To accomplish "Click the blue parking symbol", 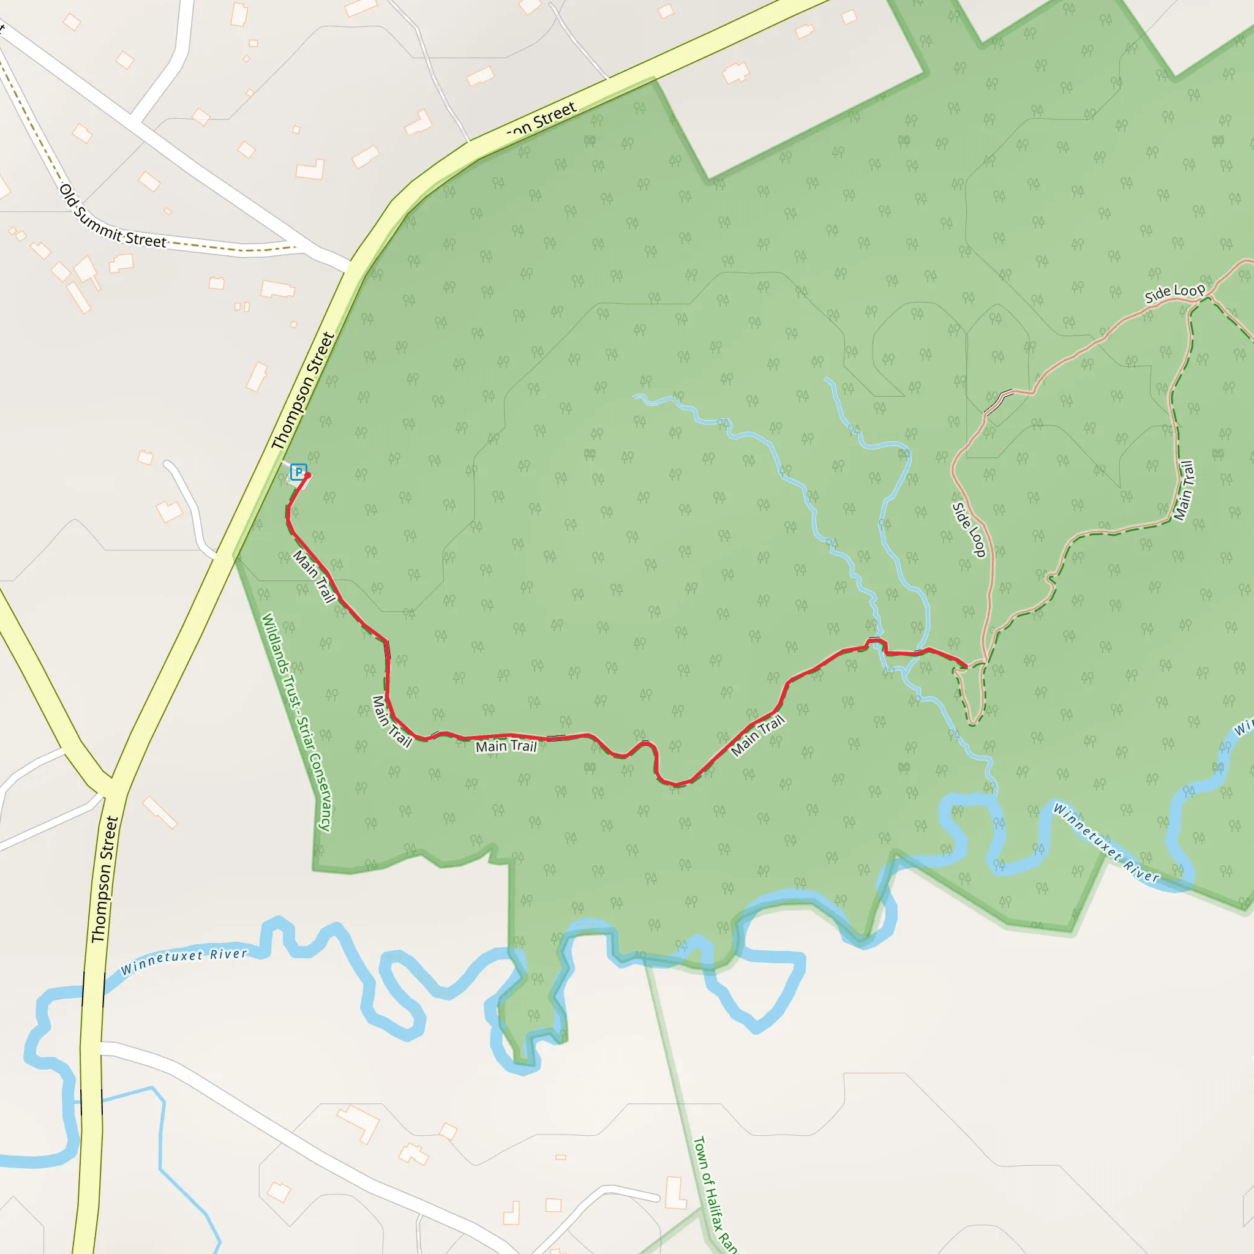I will coord(298,472).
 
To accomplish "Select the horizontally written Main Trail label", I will coord(506,746).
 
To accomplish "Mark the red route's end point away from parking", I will coord(966,666).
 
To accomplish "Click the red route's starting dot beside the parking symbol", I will coord(307,476).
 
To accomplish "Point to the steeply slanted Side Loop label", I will coord(969,530).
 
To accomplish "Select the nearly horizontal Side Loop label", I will coord(1174,293).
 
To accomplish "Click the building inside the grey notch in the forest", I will coord(735,73).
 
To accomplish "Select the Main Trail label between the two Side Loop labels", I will coord(1184,490).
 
